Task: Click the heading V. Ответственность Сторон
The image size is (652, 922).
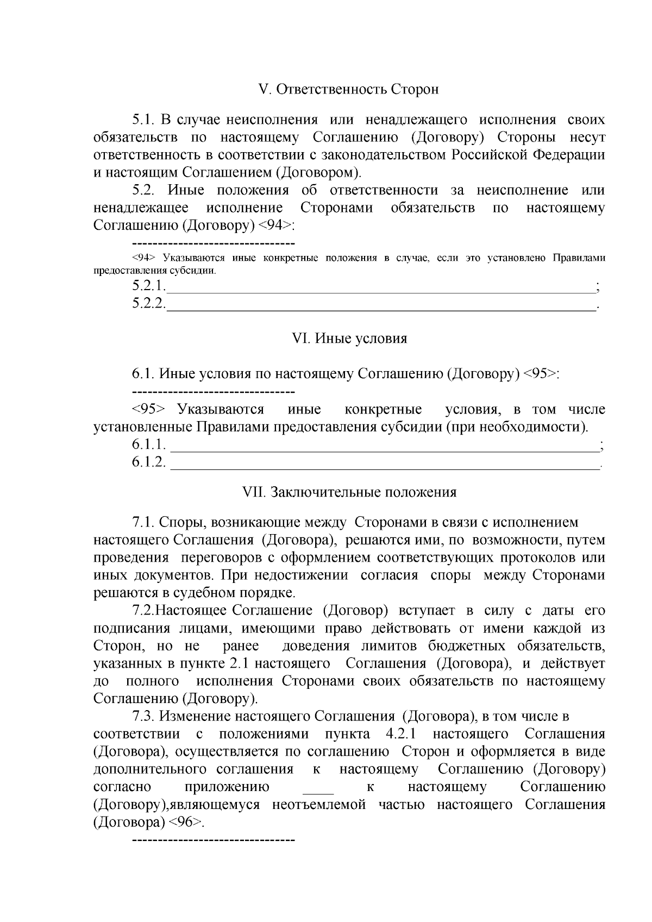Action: click(349, 89)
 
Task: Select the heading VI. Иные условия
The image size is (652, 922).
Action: click(349, 338)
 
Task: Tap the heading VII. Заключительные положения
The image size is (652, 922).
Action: click(349, 492)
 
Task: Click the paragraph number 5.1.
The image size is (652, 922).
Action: click(145, 120)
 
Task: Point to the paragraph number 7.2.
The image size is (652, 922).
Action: click(144, 611)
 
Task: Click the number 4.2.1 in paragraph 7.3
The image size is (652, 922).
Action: click(401, 734)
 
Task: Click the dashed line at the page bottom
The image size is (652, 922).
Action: click(213, 841)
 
